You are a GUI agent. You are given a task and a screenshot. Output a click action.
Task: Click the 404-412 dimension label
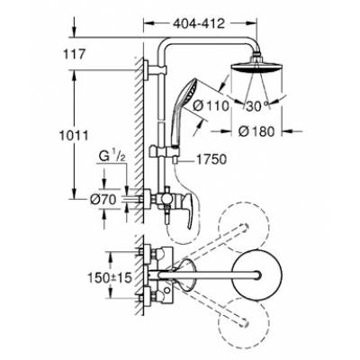(x=199, y=23)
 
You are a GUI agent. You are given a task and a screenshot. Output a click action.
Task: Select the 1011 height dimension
(x=74, y=136)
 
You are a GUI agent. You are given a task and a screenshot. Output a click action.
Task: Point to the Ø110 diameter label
(x=211, y=105)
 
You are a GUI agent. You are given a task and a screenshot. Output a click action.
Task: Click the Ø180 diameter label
(x=256, y=131)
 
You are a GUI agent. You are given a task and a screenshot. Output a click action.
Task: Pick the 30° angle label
(x=256, y=106)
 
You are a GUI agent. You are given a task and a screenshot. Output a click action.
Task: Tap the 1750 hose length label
(x=211, y=159)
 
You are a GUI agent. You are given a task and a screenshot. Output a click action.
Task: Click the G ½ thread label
(x=112, y=157)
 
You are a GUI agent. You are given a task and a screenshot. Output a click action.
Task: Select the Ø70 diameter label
(x=103, y=200)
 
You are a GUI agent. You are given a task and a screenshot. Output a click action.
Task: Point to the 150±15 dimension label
(x=110, y=278)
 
